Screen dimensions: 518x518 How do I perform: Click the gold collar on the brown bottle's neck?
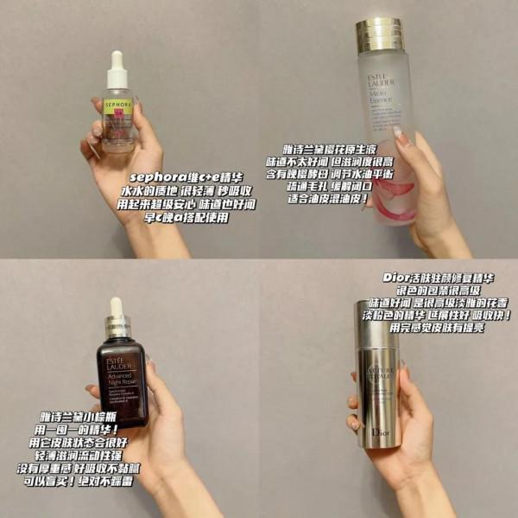pos(118,328)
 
